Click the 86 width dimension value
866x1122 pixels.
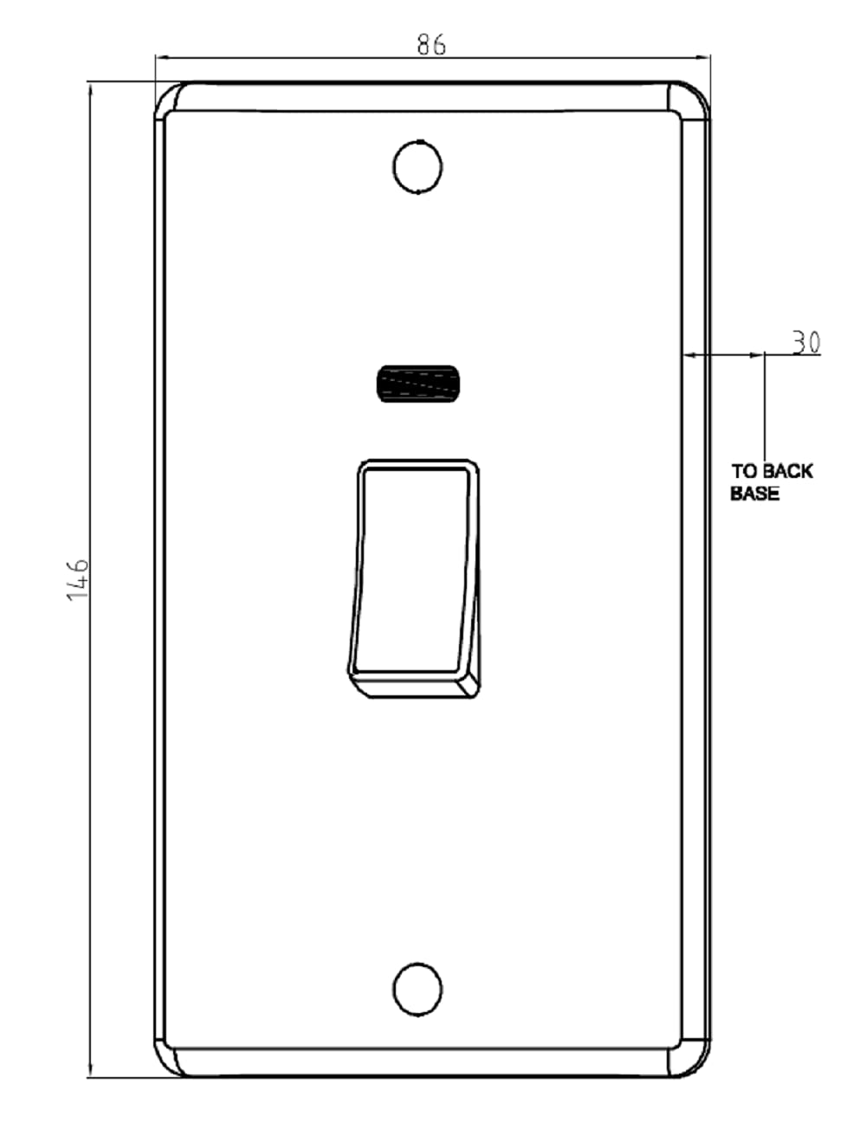pos(431,44)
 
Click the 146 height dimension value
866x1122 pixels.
pos(79,579)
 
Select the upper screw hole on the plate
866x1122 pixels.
pos(417,167)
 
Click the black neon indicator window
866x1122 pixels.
pos(420,384)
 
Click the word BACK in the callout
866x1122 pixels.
pos(788,471)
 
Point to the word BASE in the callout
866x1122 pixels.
pos(754,494)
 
